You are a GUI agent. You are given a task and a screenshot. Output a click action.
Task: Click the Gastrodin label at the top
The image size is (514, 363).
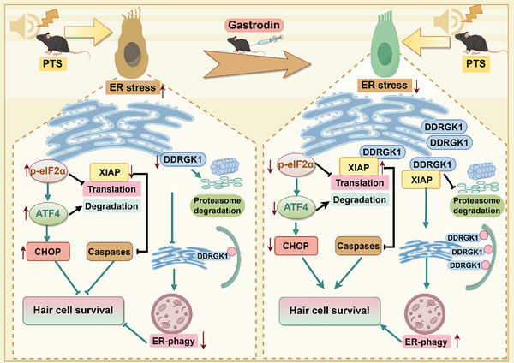pos(254,25)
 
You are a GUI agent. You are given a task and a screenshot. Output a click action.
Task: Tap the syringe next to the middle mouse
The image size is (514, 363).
pos(271,40)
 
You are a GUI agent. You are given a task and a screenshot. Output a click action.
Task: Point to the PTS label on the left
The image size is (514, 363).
pos(53,63)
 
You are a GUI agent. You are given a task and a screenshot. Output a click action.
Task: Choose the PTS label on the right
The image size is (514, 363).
pos(475,63)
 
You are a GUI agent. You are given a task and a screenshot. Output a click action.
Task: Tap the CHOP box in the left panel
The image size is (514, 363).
pos(48,252)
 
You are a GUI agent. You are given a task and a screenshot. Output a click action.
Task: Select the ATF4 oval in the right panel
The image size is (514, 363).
pos(296,207)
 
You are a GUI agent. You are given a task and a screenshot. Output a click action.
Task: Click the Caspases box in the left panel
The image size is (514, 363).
pos(110,252)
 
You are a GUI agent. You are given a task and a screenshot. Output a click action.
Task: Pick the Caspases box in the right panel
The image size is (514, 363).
pos(358,246)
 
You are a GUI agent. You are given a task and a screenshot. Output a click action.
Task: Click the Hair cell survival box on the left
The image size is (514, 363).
pos(73,310)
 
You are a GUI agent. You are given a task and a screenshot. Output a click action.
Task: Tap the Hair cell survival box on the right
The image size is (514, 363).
pos(330,311)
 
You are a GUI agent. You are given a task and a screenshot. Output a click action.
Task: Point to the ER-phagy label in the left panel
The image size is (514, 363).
pos(174,341)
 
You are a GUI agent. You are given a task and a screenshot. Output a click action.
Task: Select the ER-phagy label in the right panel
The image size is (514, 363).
pos(426,342)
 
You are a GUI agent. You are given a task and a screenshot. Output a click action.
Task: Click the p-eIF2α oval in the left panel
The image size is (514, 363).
pos(48,171)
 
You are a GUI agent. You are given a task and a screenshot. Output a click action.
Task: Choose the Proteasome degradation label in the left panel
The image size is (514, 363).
pos(217,205)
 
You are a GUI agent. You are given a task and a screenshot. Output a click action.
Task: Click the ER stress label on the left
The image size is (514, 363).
pos(133,87)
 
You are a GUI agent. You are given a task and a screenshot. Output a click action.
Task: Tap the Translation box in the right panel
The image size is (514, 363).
pos(360,183)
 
